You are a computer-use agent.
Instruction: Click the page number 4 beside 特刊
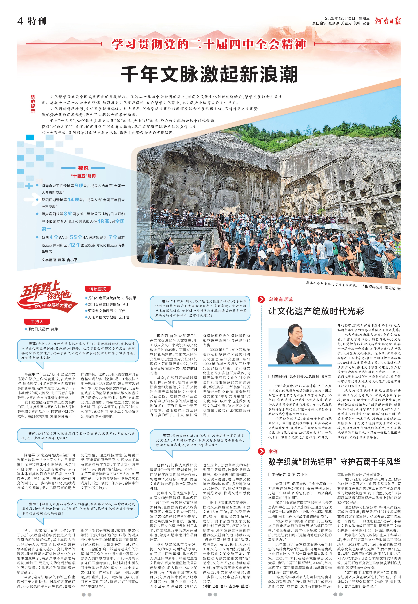click(20, 21)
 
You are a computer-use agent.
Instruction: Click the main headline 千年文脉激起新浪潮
click(209, 74)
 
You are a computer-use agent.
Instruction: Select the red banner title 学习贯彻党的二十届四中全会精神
click(209, 44)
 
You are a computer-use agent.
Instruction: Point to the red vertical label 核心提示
click(33, 104)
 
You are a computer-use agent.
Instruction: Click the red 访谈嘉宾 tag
click(98, 289)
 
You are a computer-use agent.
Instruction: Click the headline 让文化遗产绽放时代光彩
click(316, 311)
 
